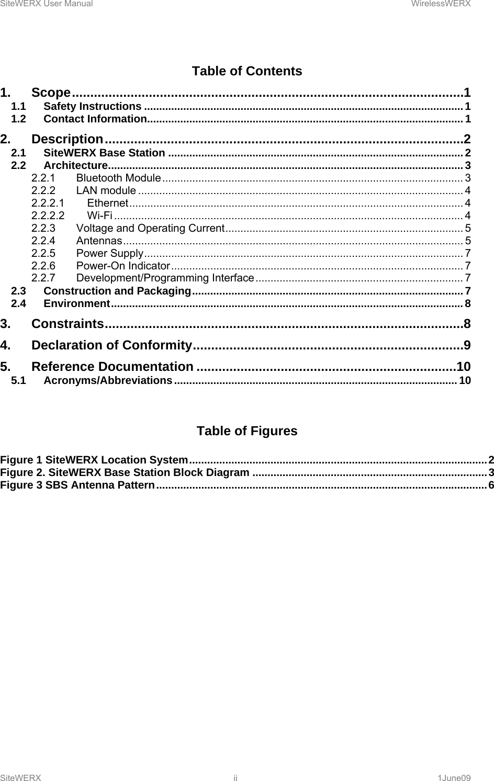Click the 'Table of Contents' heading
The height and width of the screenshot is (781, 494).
point(246,71)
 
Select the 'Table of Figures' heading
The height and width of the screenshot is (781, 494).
point(246,431)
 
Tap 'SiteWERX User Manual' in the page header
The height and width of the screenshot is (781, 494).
point(47,4)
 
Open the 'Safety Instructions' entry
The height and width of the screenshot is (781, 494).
point(92,107)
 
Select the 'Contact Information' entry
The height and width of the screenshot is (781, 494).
point(95,119)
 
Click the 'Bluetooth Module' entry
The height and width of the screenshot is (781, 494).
point(118,178)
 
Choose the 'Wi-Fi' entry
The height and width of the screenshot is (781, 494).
point(99,216)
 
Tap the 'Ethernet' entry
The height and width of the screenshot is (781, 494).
point(108,203)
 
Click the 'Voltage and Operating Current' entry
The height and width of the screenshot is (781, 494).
point(150,228)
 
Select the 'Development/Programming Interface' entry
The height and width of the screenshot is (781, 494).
point(165,278)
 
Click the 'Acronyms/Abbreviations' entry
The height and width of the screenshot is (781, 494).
point(108,380)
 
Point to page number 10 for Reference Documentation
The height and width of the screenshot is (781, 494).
point(463,367)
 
